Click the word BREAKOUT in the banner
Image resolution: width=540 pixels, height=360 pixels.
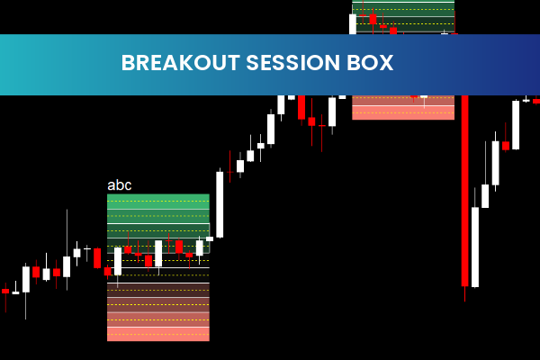click(174, 63)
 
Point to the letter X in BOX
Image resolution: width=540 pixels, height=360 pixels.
click(387, 63)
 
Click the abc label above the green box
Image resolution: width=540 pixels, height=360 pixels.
click(119, 185)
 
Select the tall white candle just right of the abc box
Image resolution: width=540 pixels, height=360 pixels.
click(220, 204)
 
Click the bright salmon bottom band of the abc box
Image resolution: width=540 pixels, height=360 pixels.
click(157, 334)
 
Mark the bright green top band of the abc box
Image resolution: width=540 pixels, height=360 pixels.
click(157, 200)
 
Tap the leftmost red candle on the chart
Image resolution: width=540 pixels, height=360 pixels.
click(5, 292)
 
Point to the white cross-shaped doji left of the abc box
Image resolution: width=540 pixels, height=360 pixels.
click(86, 247)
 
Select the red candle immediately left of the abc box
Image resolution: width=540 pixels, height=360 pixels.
click(97, 258)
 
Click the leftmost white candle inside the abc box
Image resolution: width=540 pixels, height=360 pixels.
click(117, 260)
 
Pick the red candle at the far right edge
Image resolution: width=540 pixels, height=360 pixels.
click(535, 101)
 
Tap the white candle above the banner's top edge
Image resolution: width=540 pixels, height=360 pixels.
click(353, 23)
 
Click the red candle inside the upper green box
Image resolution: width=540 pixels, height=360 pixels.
click(373, 18)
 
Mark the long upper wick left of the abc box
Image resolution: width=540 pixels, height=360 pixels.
click(67, 232)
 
